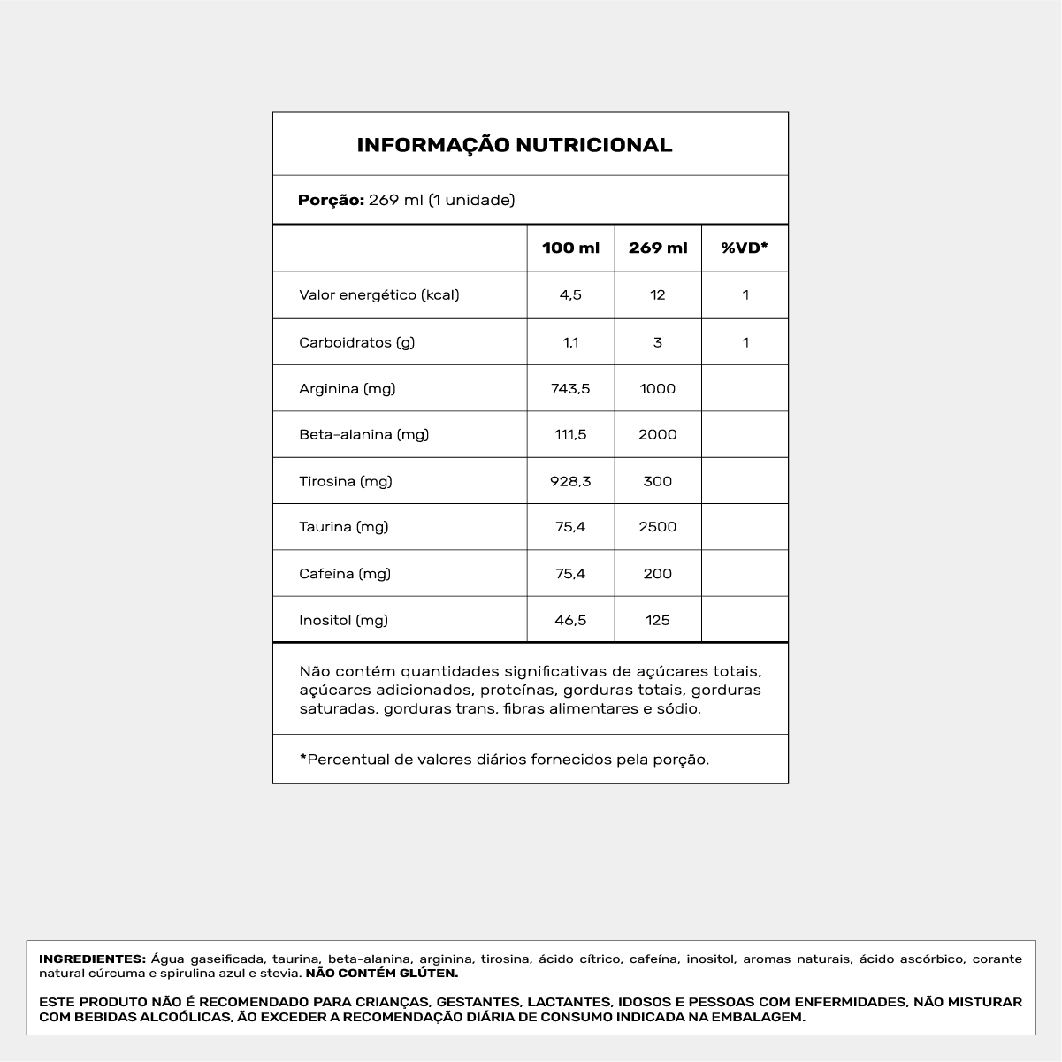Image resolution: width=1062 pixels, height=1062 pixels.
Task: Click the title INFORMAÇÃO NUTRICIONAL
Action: pyautogui.click(x=514, y=145)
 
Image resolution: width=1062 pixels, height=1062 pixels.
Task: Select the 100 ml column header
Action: pyautogui.click(x=570, y=248)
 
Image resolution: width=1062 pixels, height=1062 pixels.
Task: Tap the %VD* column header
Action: pyautogui.click(x=745, y=248)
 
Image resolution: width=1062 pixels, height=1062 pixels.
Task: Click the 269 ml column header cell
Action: pyautogui.click(x=658, y=248)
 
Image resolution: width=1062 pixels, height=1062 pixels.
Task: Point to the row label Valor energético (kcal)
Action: pyautogui.click(x=379, y=295)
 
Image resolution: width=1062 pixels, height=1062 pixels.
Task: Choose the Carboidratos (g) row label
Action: pyautogui.click(x=357, y=342)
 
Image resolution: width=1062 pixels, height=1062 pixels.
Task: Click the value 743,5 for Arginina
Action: pyautogui.click(x=570, y=389)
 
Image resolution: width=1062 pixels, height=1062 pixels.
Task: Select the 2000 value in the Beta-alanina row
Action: pyautogui.click(x=658, y=435)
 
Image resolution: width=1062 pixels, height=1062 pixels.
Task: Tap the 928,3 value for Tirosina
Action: pyautogui.click(x=570, y=482)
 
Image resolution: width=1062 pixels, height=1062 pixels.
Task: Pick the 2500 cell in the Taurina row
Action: pyautogui.click(x=658, y=527)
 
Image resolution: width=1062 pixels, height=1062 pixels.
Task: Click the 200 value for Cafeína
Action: pyautogui.click(x=658, y=574)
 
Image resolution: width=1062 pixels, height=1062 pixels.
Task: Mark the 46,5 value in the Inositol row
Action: pyautogui.click(x=570, y=621)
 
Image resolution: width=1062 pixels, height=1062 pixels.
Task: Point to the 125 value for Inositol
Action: pyautogui.click(x=658, y=621)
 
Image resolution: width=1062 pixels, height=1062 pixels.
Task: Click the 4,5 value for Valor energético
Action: pyautogui.click(x=570, y=295)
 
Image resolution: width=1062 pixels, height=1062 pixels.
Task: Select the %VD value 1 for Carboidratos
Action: pyautogui.click(x=745, y=342)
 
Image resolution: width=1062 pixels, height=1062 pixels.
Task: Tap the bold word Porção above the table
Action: pyautogui.click(x=331, y=201)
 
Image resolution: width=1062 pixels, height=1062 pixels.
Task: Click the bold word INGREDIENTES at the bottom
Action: pyautogui.click(x=92, y=959)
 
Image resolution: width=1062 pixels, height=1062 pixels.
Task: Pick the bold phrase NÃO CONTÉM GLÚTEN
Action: pyautogui.click(x=382, y=974)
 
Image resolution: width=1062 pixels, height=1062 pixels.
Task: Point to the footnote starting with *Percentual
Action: pyautogui.click(x=504, y=760)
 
